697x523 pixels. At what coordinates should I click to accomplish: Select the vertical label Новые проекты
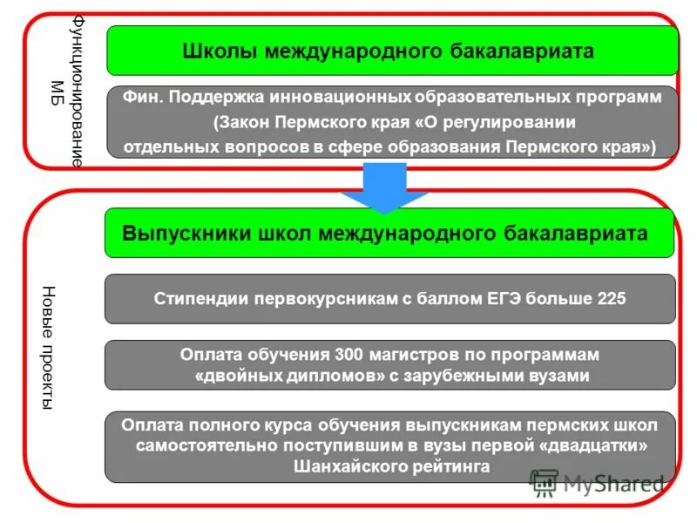tap(49, 349)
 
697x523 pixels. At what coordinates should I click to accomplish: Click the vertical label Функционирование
tap(78, 92)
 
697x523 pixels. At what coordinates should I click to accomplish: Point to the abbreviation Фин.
tap(145, 98)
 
